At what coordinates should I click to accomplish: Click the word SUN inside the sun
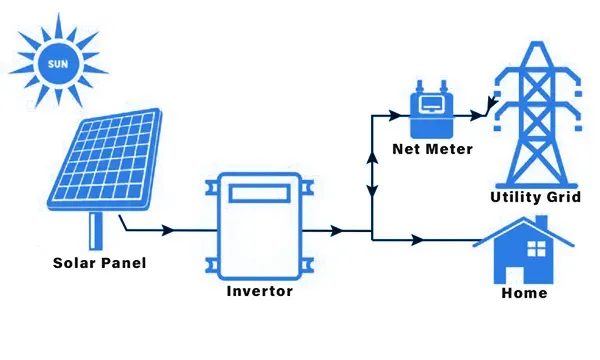coord(58,64)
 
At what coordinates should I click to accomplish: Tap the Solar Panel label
coord(99,263)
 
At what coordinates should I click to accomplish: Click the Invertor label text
coord(260,291)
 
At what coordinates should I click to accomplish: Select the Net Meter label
coord(432,149)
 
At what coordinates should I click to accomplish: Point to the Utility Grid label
coord(536,197)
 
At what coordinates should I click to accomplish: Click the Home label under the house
coord(524,293)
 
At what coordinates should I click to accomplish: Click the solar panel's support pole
coord(96,231)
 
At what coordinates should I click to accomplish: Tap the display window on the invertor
coord(259,193)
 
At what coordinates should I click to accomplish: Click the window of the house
coord(536,249)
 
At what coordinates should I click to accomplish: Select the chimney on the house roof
coord(541,222)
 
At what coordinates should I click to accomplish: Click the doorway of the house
coord(514,274)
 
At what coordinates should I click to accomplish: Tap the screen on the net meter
coord(431,104)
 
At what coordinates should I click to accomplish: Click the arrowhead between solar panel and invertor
coord(168,230)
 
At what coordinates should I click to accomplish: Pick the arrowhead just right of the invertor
coord(336,231)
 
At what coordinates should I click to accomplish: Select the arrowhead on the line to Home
coord(417,240)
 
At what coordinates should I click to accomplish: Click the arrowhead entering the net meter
coord(395,115)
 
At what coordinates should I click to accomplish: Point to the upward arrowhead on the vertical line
coord(372,158)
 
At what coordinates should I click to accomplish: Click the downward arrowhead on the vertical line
coord(372,191)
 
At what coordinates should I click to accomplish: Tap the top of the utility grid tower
coord(538,43)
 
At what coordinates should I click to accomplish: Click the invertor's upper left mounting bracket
coord(212,187)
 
